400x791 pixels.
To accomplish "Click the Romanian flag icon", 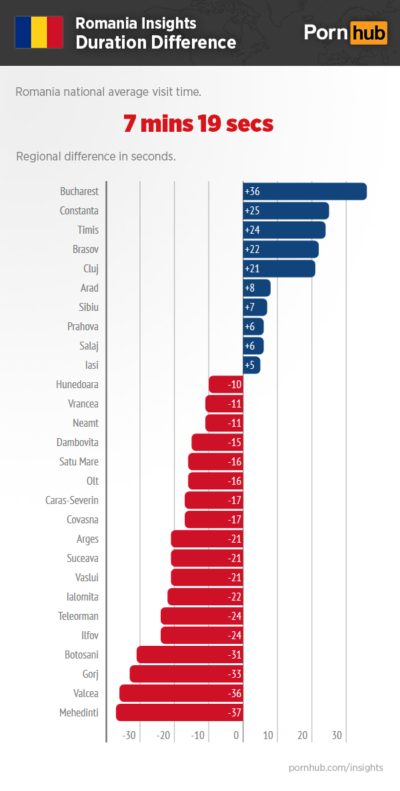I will (39, 32).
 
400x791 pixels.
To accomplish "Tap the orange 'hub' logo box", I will (369, 33).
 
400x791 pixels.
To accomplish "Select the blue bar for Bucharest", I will (305, 191).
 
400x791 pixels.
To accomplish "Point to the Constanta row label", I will (79, 210).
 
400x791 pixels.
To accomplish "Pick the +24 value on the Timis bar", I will (252, 230).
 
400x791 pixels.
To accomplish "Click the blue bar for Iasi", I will (251, 365).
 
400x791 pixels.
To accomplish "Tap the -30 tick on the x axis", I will (129, 736).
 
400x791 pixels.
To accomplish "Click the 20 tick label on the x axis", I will (303, 736).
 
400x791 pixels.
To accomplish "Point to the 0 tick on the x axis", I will (236, 736).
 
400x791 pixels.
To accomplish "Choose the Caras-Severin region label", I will (71, 500).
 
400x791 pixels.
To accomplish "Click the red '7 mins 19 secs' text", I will (198, 124).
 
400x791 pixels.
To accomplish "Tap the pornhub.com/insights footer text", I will (335, 768).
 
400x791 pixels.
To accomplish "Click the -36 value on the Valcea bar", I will (234, 693).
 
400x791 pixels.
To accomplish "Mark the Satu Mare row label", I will (79, 461).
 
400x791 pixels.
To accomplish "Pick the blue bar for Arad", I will (257, 288).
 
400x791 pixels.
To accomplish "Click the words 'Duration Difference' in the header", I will (155, 43).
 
